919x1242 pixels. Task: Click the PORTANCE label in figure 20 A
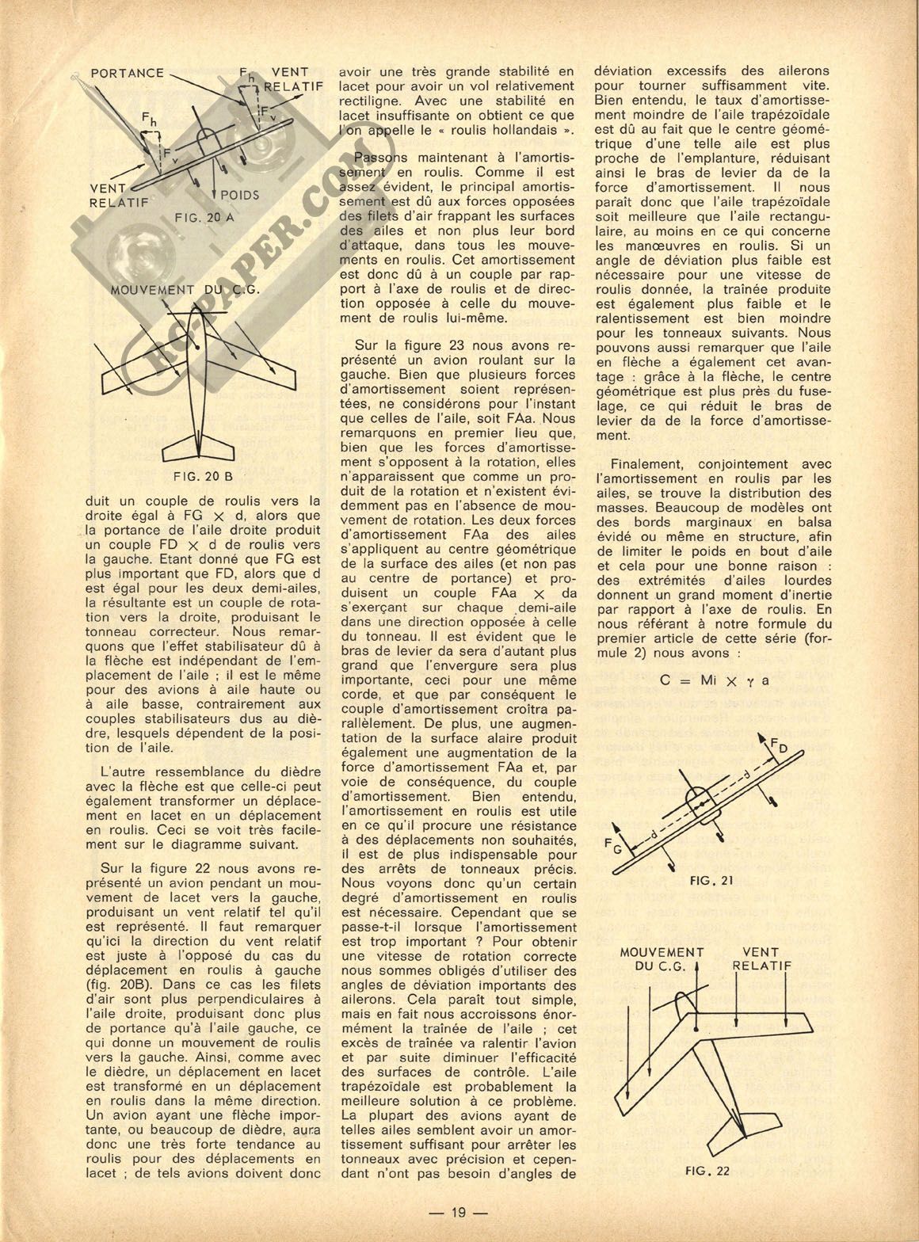coord(128,74)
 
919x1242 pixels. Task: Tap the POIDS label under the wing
coord(240,194)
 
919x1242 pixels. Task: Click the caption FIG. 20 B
coord(203,477)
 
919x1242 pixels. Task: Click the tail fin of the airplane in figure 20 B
coord(195,444)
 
